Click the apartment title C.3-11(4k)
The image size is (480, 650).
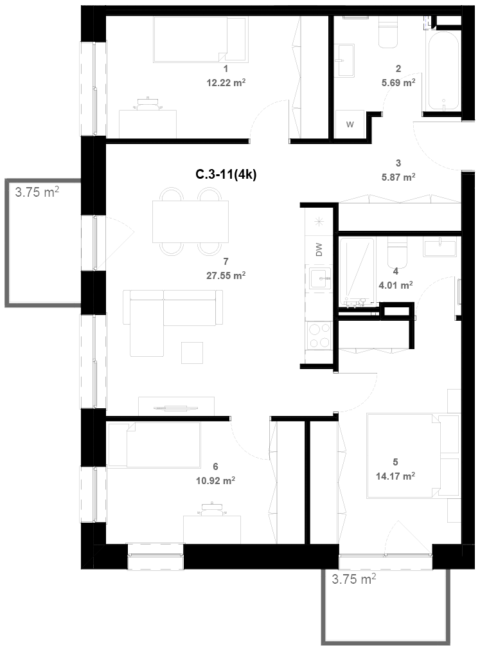[x=226, y=175]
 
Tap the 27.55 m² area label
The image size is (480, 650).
[x=226, y=275]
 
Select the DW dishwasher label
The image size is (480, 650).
[x=319, y=249]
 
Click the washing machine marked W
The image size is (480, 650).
[x=350, y=124]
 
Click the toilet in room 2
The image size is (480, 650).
[x=389, y=32]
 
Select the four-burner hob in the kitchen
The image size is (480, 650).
[x=319, y=336]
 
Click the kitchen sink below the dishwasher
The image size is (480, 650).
[x=319, y=278]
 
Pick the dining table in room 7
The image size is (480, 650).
[x=190, y=221]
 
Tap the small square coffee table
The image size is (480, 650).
[x=192, y=352]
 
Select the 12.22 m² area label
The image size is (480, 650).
[x=226, y=82]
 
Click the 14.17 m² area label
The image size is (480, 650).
[x=396, y=476]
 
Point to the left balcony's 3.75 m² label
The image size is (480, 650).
[x=37, y=192]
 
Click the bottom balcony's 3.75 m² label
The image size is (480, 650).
[x=353, y=579]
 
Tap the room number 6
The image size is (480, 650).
[x=215, y=467]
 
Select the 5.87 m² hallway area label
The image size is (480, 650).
[x=398, y=177]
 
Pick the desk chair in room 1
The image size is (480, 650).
[x=147, y=104]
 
